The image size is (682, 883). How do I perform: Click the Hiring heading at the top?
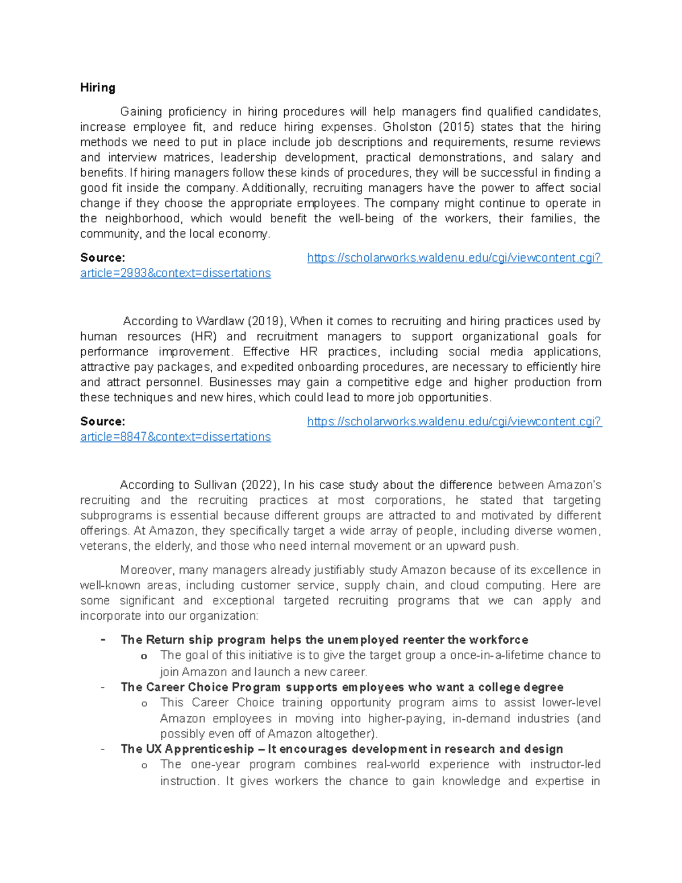[x=98, y=88]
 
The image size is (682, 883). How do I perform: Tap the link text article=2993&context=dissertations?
[x=175, y=273]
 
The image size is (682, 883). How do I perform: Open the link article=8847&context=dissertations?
[x=175, y=437]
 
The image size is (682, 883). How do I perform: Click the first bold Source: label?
[x=102, y=258]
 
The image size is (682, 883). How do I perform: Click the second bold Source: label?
[x=102, y=422]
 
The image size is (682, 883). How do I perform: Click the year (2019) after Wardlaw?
[x=267, y=321]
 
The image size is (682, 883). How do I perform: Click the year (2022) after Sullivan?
[x=259, y=485]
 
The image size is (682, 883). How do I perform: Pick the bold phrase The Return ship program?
[x=193, y=640]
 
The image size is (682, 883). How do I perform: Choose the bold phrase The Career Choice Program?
[x=201, y=687]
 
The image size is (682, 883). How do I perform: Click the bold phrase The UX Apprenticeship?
[x=187, y=749]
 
